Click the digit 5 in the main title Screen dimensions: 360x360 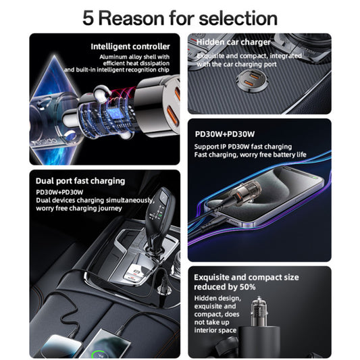[x=88, y=17]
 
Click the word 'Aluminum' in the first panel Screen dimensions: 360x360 [x=112, y=57]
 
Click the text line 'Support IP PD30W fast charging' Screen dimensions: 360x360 [x=243, y=147]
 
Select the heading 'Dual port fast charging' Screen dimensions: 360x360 [x=80, y=180]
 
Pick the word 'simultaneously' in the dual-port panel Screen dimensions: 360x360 [x=129, y=200]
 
